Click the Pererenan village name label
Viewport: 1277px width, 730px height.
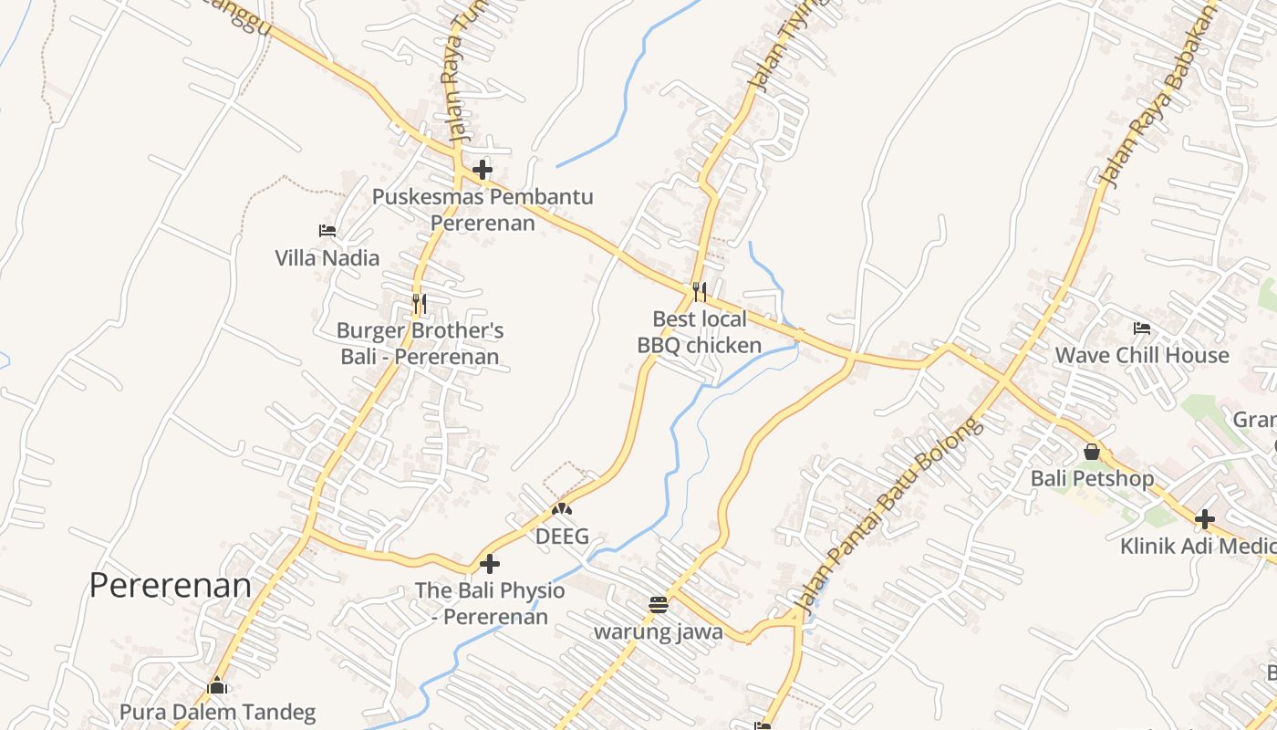pos(170,586)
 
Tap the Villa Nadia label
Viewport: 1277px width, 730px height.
pos(327,258)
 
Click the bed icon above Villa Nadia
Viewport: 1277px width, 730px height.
pos(327,231)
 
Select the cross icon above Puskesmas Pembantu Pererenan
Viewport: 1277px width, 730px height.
pos(483,170)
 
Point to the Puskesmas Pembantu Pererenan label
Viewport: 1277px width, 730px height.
pos(483,210)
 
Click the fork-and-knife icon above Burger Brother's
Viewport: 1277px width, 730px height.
pos(419,303)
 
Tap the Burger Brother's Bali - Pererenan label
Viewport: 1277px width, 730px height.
pos(420,343)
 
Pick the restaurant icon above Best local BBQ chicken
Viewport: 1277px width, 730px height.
pos(700,292)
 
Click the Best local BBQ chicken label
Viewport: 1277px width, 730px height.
pos(700,332)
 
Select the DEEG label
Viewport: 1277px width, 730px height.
pos(562,536)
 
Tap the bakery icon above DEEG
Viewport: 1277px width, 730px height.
pos(562,509)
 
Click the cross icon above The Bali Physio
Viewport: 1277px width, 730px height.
pos(490,564)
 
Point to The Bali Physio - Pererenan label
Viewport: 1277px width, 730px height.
pos(490,603)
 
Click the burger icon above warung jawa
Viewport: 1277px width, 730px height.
pos(659,604)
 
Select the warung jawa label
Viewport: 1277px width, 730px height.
pos(659,631)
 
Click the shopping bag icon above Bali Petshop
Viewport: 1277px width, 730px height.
pos(1092,452)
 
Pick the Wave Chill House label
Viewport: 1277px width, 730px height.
pos(1142,355)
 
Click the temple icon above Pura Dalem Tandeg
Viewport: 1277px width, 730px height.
pos(217,685)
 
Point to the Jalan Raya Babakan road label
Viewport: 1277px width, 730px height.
pos(1158,96)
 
